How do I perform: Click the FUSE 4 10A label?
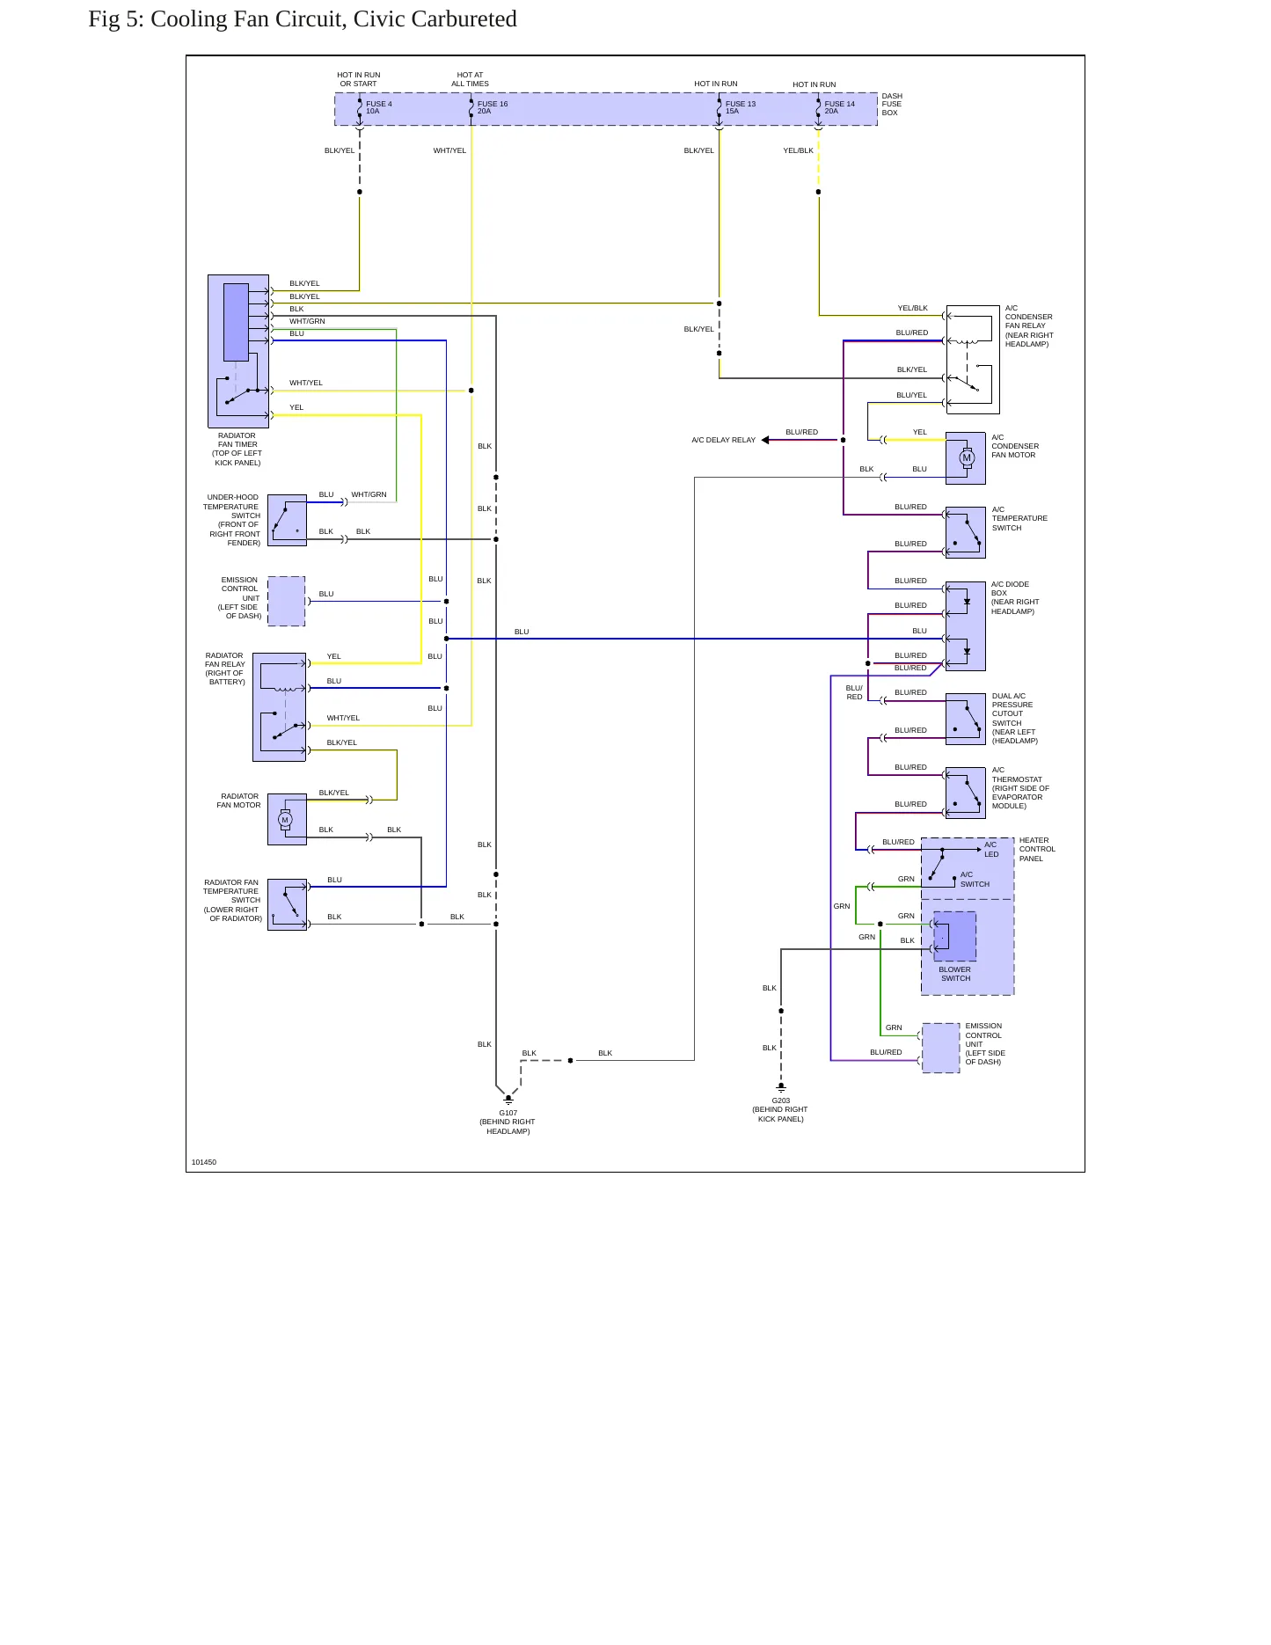tap(379, 107)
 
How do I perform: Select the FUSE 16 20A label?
tap(493, 107)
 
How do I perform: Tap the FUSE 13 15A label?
tap(741, 107)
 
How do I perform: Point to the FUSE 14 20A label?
tap(839, 107)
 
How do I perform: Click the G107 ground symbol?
tap(508, 1100)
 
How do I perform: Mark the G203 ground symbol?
tap(781, 1088)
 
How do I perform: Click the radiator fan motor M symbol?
tap(285, 820)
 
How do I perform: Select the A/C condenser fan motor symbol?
tap(967, 457)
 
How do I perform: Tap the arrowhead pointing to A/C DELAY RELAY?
tap(765, 440)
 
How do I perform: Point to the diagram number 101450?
tap(204, 1162)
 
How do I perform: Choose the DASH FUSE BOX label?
tap(892, 105)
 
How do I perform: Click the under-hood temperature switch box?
tap(287, 520)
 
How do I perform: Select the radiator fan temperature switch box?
tap(287, 904)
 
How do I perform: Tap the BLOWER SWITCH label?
tap(955, 974)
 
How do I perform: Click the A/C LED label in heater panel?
tap(991, 849)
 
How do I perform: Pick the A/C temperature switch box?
tap(966, 532)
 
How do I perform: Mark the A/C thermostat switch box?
tap(966, 793)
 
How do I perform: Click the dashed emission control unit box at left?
tap(287, 602)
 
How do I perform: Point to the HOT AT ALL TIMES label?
tap(471, 79)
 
